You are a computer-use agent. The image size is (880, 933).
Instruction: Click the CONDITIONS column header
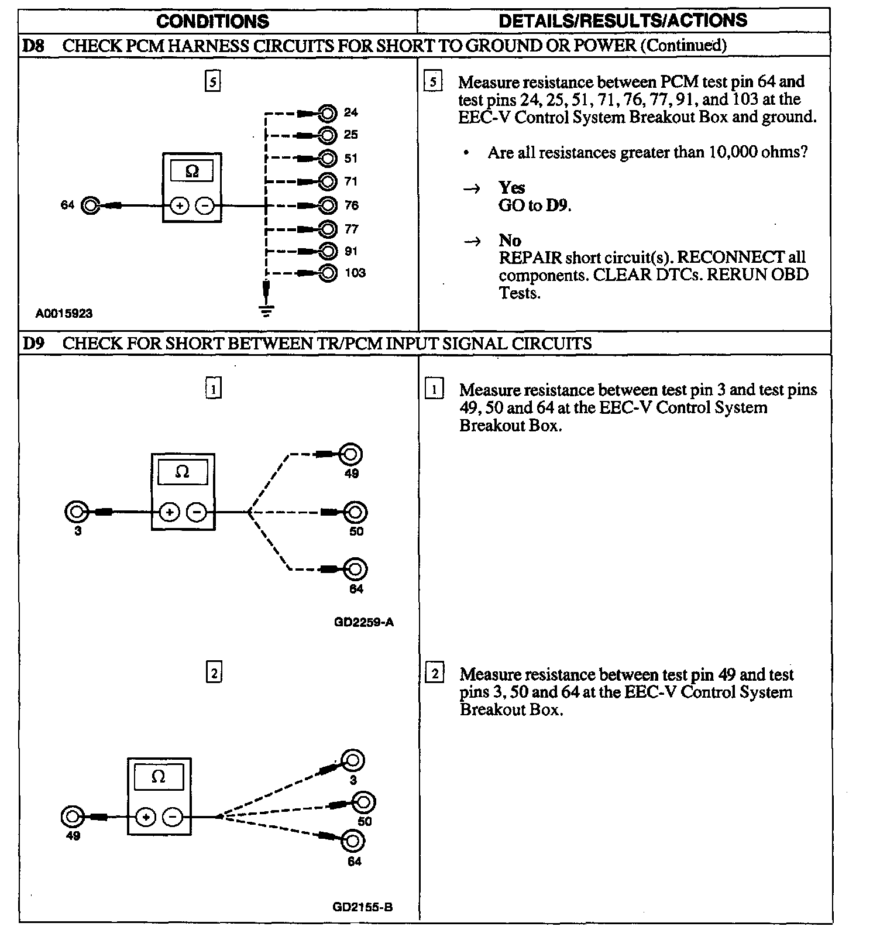tap(212, 22)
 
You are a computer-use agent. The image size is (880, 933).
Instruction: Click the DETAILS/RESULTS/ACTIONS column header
tap(623, 20)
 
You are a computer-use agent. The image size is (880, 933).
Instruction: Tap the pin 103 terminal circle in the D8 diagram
tap(329, 273)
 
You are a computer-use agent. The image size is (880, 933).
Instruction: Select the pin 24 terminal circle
tap(328, 112)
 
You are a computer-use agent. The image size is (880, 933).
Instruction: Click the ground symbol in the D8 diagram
tap(266, 310)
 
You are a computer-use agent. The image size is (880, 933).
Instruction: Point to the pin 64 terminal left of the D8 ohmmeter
tap(90, 205)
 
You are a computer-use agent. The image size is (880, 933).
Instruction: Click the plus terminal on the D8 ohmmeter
tap(179, 205)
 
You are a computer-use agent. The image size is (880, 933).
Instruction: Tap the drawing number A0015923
tap(64, 313)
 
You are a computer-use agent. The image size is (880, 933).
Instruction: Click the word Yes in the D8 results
tap(511, 188)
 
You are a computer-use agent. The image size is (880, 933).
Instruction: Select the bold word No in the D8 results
tap(510, 241)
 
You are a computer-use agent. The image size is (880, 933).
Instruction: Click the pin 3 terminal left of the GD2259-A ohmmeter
tap(75, 512)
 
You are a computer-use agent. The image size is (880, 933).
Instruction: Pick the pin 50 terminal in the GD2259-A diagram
tap(355, 512)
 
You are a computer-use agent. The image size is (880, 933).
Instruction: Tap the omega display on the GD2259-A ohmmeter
tap(182, 472)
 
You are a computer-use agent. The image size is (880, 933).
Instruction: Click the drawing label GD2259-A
tap(363, 622)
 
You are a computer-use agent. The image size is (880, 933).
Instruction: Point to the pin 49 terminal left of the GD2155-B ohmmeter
tap(73, 817)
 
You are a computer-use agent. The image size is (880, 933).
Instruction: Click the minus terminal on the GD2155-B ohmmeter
tap(172, 817)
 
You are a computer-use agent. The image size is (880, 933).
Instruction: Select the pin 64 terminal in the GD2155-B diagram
tap(353, 841)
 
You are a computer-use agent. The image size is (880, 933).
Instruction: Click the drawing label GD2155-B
tap(362, 907)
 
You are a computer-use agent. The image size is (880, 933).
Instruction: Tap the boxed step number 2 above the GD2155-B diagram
tap(214, 674)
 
